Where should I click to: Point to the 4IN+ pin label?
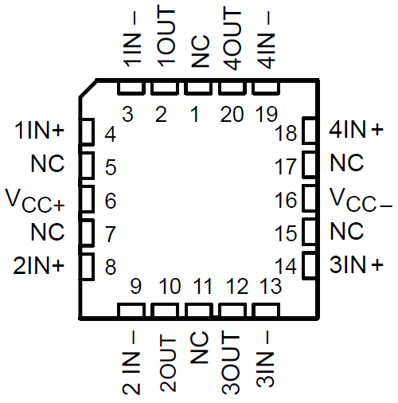(356, 129)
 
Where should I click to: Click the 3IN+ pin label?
(356, 264)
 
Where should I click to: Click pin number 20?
(232, 115)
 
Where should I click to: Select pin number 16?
(284, 199)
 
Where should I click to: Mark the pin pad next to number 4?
(89, 130)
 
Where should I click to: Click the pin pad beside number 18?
(308, 131)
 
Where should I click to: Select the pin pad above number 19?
(266, 87)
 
